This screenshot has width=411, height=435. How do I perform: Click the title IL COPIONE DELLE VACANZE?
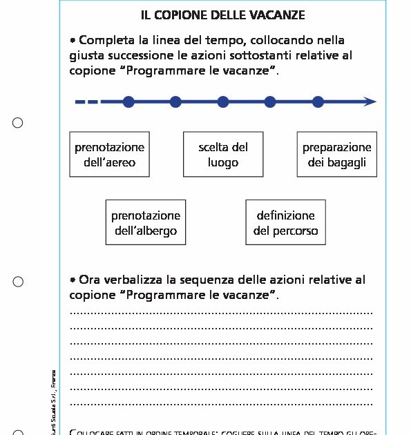(222, 14)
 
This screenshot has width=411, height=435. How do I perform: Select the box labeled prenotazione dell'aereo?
(109, 155)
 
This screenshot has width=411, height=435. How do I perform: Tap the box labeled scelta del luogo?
(222, 155)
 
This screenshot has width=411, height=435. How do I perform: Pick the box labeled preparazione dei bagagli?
(336, 155)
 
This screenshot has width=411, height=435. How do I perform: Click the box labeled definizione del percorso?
(285, 223)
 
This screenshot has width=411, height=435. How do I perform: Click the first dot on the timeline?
(128, 102)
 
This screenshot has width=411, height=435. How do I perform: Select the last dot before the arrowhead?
(318, 102)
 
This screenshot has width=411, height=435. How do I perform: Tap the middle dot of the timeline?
(223, 102)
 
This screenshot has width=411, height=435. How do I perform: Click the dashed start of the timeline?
(87, 102)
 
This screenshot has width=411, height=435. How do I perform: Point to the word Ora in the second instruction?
(90, 280)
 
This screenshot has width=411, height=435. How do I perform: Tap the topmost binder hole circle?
(18, 123)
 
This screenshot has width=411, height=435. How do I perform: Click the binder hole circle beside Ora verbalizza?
(18, 281)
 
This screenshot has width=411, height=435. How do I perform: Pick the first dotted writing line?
(221, 313)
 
